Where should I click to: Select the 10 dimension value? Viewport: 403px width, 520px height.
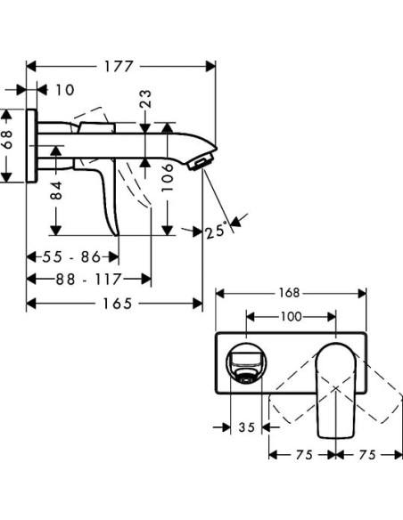[x=63, y=90]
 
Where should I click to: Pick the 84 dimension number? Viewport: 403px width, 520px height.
[x=56, y=189]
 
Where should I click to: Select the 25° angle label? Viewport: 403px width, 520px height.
[x=215, y=232]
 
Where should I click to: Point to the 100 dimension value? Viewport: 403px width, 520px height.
[x=292, y=315]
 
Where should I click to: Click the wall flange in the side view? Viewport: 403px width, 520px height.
[x=32, y=145]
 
